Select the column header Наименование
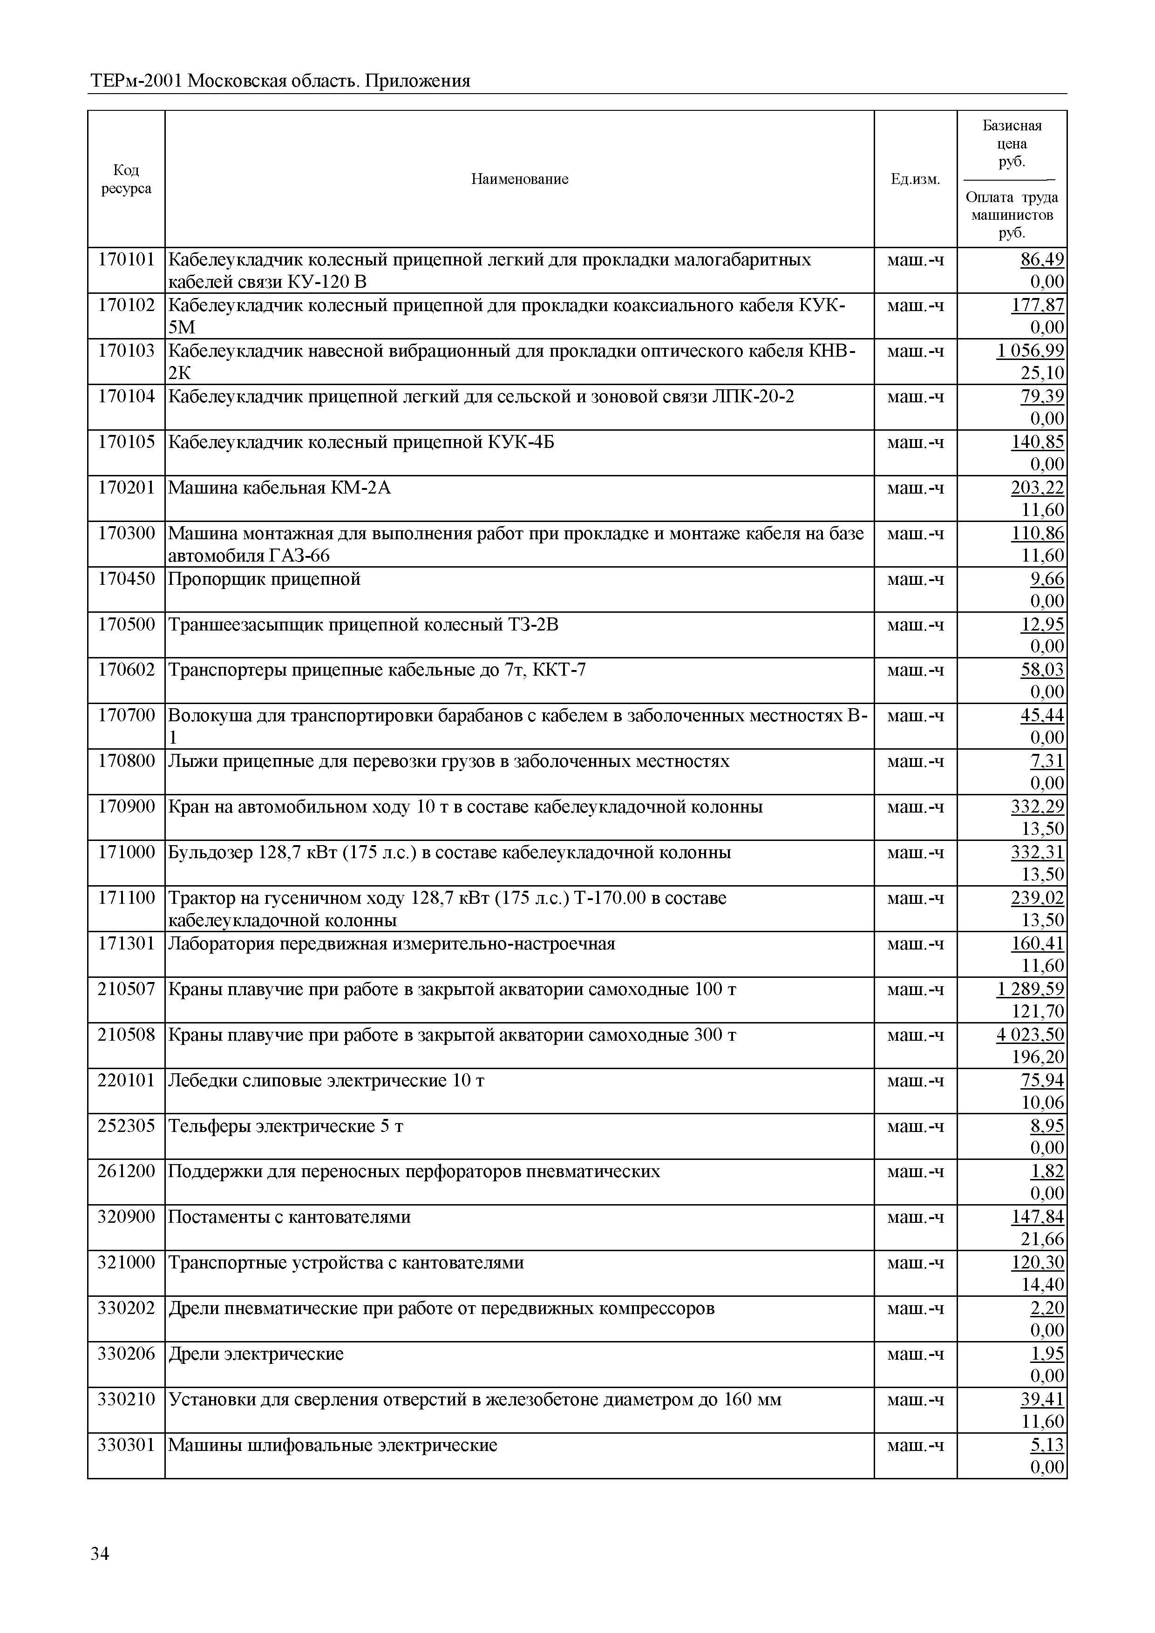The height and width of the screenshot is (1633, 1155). (519, 179)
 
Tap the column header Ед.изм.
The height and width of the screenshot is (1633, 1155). (915, 179)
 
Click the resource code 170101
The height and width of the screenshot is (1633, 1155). (126, 260)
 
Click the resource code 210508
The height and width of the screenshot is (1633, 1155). (126, 1035)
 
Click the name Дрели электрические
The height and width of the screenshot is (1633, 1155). (256, 1354)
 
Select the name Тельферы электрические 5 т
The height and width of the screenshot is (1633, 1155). (286, 1126)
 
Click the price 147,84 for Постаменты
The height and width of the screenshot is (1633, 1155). (1037, 1217)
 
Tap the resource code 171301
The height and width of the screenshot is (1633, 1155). (126, 944)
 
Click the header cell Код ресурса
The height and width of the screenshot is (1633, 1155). (126, 179)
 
